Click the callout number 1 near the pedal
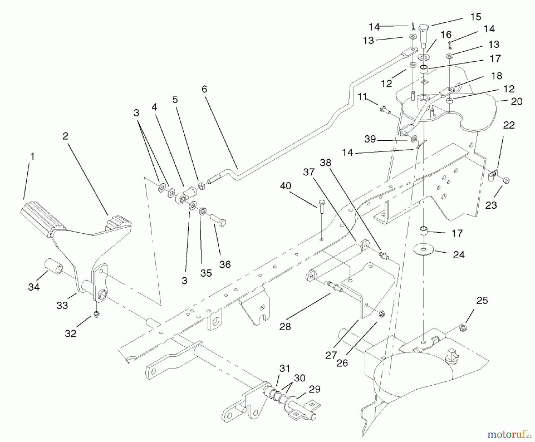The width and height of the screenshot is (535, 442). pos(32,156)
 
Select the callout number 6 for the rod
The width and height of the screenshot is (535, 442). pos(204,89)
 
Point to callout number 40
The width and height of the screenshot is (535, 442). pos(285,186)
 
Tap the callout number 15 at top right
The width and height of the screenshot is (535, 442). pos(476,17)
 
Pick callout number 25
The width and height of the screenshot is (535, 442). pos(482,301)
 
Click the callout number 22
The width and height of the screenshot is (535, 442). pos(509,125)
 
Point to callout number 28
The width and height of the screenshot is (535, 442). pos(285,326)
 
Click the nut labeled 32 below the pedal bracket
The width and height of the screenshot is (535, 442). pos(96,314)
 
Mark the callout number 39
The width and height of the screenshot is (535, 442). pos(370,139)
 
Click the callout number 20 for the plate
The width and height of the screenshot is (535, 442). pos(516,102)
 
